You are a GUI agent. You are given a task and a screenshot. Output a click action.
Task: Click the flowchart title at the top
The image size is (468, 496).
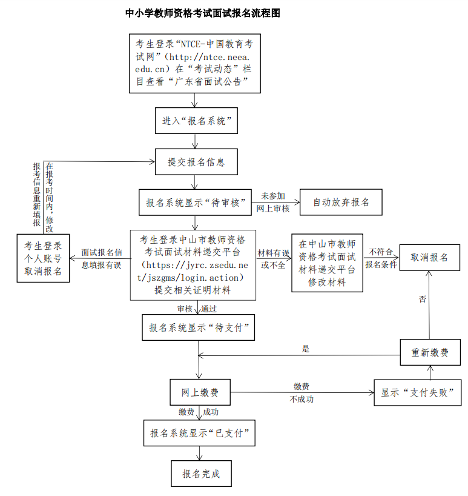(x=202, y=13)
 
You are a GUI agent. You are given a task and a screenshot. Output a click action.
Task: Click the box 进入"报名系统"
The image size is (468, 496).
(x=195, y=121)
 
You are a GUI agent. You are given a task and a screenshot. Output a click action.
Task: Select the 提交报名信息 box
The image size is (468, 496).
(x=195, y=162)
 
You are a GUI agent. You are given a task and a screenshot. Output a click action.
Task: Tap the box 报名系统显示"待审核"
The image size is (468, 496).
(x=195, y=202)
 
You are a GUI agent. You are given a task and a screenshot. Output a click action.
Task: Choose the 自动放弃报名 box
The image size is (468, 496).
(x=341, y=202)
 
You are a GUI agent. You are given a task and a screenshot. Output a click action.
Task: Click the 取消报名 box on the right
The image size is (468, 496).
(x=429, y=257)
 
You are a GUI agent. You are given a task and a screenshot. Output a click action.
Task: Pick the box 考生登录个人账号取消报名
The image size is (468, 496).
(x=43, y=258)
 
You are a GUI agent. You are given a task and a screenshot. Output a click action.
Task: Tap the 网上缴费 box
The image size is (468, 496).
(x=200, y=393)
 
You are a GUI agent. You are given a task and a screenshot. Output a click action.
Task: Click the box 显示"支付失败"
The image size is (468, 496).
(x=418, y=392)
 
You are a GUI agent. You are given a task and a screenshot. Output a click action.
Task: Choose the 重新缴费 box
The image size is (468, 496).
(x=430, y=352)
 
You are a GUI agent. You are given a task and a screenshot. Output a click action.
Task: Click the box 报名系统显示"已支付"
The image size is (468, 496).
(x=200, y=434)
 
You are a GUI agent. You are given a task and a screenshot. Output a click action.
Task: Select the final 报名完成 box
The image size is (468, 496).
(x=200, y=473)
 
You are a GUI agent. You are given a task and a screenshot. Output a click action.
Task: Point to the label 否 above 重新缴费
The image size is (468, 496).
(x=423, y=299)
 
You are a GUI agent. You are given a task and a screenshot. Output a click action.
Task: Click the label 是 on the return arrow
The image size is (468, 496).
(x=306, y=349)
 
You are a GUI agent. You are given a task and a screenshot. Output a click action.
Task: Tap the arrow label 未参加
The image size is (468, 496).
(x=273, y=196)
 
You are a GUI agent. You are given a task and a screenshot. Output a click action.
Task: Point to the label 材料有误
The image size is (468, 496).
(x=273, y=253)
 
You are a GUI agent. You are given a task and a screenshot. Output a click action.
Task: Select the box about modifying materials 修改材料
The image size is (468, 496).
(x=327, y=263)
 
